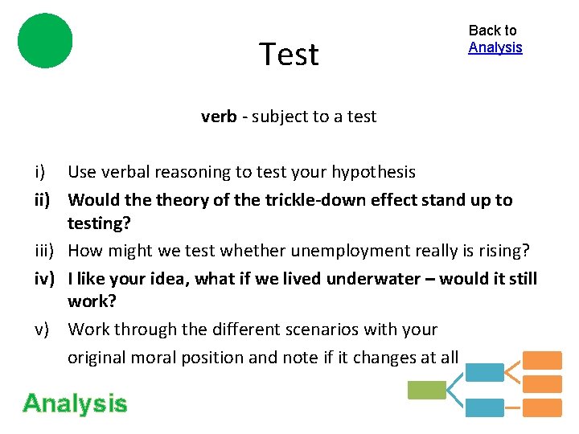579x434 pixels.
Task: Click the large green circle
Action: pos(45,40)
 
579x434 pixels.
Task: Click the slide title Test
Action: pos(289,55)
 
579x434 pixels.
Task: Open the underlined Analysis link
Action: pos(495,47)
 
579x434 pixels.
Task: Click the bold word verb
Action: pos(219,117)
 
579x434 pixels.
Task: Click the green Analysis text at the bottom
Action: pos(75,403)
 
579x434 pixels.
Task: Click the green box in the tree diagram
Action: pos(426,391)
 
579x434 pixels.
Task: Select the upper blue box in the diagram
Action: pos(485,372)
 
